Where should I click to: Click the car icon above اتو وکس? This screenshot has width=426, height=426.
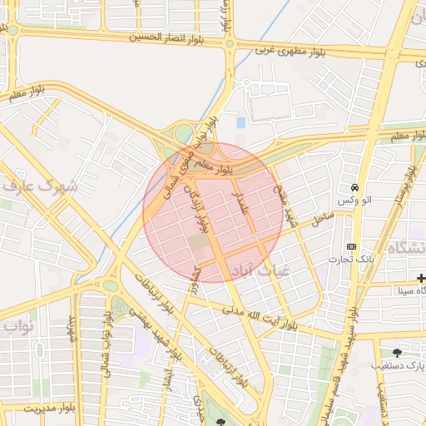coord(355,187)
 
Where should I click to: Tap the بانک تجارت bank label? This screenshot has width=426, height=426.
coord(353,261)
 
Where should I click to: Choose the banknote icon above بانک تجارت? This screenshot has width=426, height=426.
coord(351,247)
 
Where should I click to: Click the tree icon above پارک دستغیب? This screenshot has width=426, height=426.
coord(396,353)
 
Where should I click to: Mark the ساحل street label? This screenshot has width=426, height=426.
coord(322,219)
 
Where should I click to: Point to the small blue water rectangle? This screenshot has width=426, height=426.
coord(241,122)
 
